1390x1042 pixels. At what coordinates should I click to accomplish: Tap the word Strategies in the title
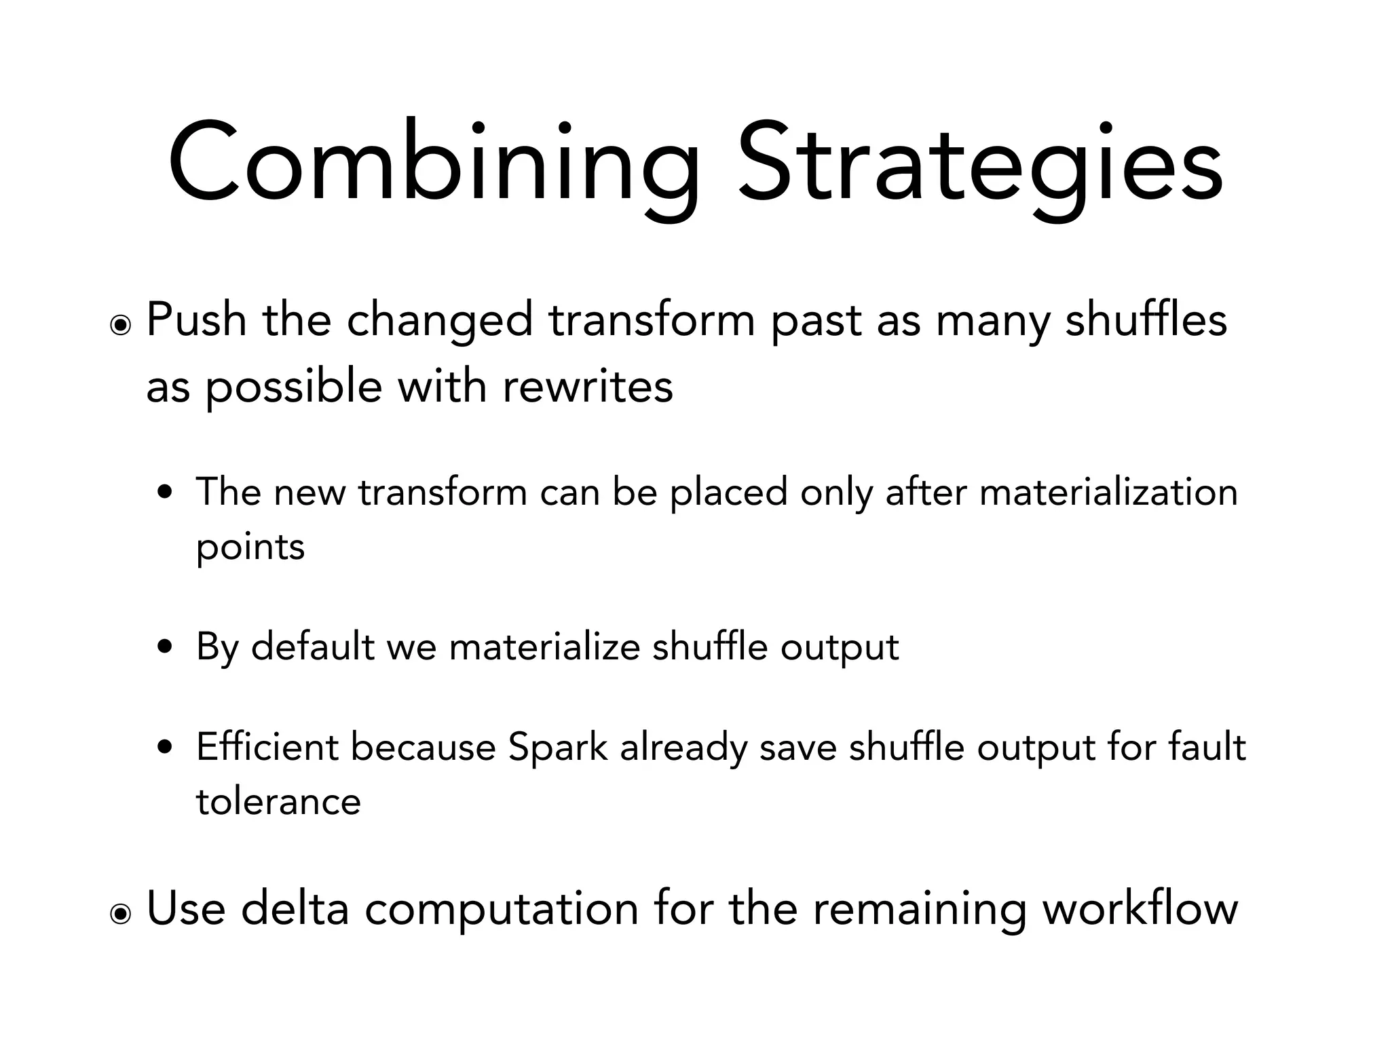pyautogui.click(x=981, y=166)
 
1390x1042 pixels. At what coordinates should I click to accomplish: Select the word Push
pyautogui.click(x=195, y=320)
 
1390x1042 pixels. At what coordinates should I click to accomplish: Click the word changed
pyautogui.click(x=440, y=321)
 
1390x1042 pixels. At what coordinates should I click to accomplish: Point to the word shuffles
pyautogui.click(x=1146, y=320)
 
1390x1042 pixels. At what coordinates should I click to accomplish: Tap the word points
pyautogui.click(x=250, y=547)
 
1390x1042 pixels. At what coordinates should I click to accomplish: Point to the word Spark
pyautogui.click(x=558, y=748)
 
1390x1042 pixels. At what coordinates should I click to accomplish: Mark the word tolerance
pyautogui.click(x=278, y=802)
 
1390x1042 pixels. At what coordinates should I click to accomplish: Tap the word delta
pyautogui.click(x=295, y=908)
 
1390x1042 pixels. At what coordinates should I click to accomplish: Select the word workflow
pyautogui.click(x=1140, y=908)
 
